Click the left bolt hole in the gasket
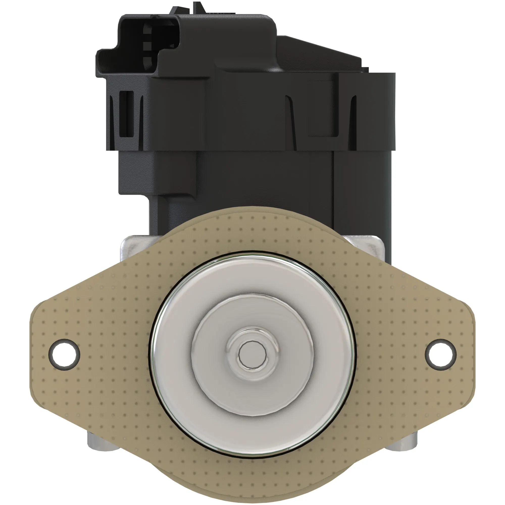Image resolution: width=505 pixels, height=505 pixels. click(64, 355)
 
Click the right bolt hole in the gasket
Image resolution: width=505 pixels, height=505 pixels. click(440, 355)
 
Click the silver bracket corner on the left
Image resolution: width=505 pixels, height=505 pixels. click(133, 246)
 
